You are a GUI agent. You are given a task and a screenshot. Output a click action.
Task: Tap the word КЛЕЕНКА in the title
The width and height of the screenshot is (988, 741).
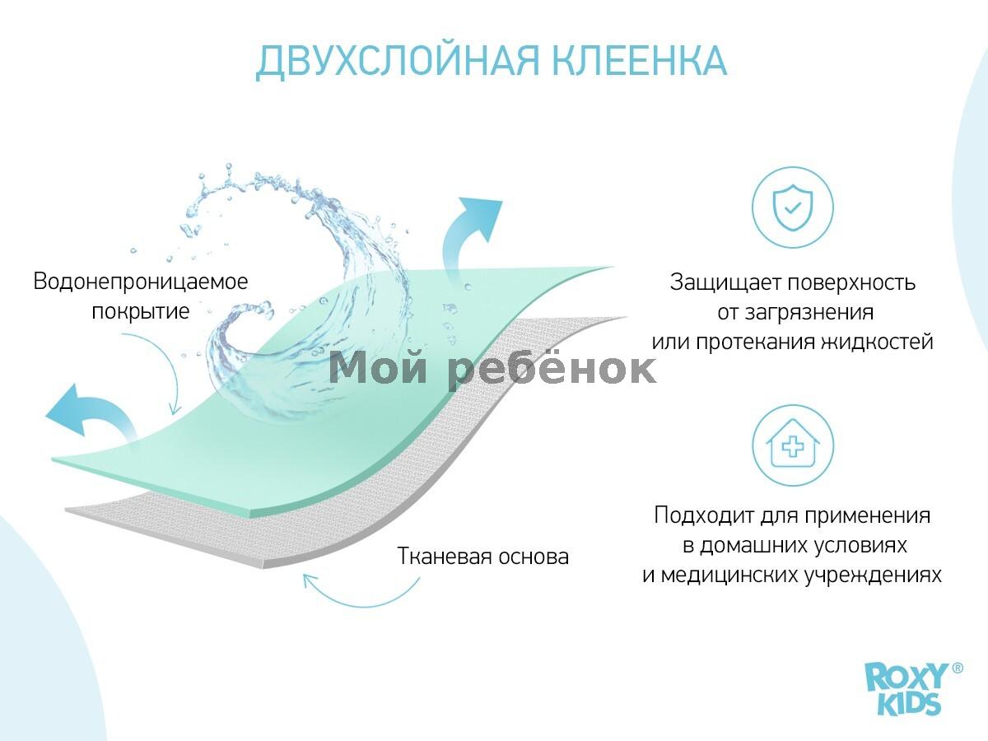point(640,60)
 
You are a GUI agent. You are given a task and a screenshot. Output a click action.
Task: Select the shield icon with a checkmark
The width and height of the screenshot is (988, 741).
point(793,207)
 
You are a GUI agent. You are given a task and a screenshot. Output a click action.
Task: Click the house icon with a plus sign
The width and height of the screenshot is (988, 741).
point(793,445)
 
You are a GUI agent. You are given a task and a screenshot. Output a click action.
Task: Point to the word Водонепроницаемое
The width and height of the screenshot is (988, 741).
point(141,282)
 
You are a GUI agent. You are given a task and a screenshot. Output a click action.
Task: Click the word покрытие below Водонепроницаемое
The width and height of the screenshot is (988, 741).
point(141,311)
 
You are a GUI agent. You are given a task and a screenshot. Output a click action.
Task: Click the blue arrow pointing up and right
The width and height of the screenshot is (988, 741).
point(468,235)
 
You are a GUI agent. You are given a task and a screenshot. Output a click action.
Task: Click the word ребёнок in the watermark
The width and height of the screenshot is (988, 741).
point(552,369)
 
